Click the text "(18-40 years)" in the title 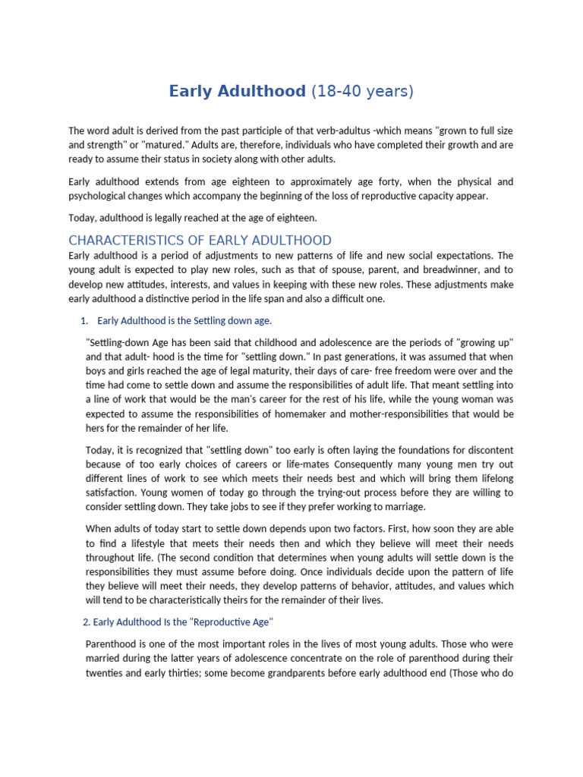click(363, 92)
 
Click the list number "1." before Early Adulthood click(86, 320)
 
